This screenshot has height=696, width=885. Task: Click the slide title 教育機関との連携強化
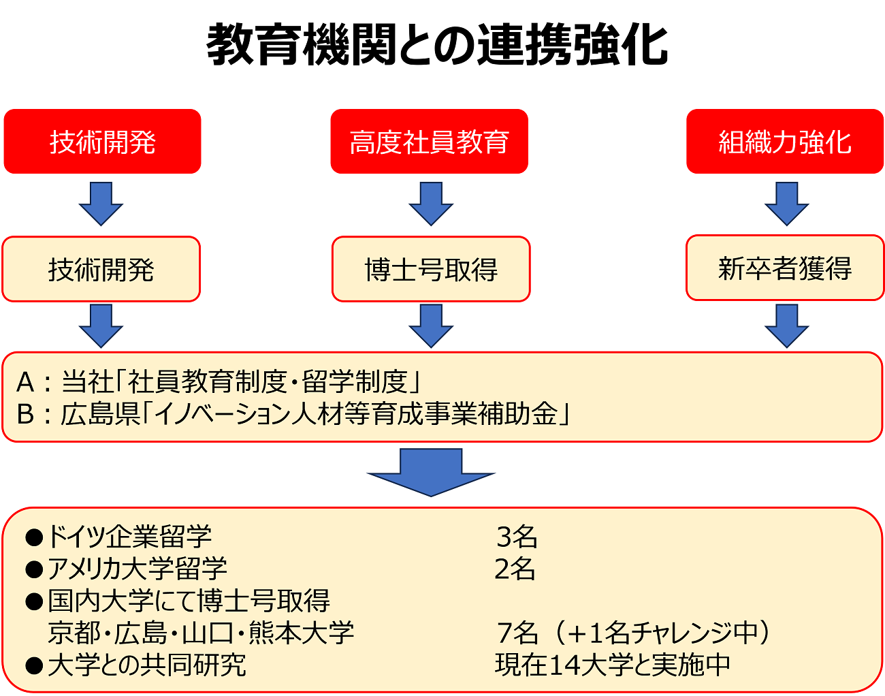point(437,44)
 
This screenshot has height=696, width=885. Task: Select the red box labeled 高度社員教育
point(429,141)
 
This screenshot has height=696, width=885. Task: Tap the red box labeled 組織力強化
point(785,141)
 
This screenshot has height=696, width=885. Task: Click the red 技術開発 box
point(102,141)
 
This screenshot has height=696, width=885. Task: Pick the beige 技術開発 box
point(101,269)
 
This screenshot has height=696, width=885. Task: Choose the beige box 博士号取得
point(431,269)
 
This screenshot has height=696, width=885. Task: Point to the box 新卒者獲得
point(785,268)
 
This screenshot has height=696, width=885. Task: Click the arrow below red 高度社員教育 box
point(431,204)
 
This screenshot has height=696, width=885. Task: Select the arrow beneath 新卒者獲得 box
point(787,326)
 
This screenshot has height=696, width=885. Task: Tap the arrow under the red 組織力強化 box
point(787,204)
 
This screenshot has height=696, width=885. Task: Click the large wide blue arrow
point(431,472)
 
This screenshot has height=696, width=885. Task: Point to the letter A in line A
point(25,382)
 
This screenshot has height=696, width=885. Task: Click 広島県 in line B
point(101,414)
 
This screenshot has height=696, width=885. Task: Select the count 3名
point(517,537)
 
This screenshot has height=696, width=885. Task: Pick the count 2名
point(515,569)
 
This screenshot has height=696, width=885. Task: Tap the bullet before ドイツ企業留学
point(34,537)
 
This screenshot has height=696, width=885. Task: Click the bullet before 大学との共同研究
point(34,665)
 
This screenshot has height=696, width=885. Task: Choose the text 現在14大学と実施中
point(612,665)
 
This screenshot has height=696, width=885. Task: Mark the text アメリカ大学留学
point(138,569)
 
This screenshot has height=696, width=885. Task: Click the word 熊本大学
point(301,633)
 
